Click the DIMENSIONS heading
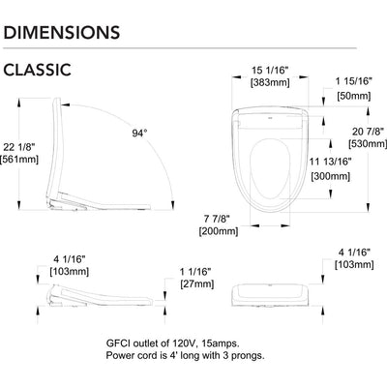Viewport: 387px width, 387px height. (x=62, y=32)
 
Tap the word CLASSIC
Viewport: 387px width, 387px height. (x=37, y=70)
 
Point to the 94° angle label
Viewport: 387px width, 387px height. (x=139, y=133)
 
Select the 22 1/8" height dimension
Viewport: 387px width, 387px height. (x=18, y=147)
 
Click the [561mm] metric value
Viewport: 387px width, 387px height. (x=19, y=160)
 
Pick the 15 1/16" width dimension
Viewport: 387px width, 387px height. (x=270, y=70)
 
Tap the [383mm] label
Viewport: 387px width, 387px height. (x=270, y=82)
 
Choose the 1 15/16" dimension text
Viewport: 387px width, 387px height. (x=354, y=81)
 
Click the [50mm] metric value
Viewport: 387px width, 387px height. (x=354, y=96)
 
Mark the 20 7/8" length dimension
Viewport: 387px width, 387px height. (x=368, y=132)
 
